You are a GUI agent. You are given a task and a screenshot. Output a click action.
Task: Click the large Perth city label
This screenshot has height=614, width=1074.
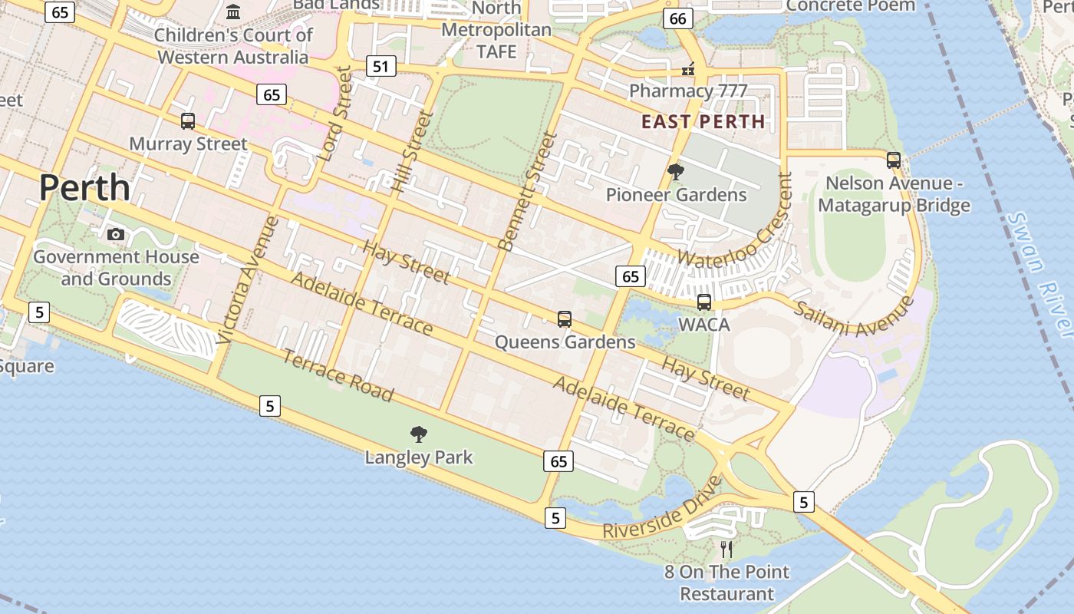[x=84, y=187]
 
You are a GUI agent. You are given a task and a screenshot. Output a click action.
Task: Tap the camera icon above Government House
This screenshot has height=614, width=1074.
[x=116, y=234]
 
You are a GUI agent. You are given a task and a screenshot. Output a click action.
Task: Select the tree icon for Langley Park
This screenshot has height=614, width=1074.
[x=419, y=434]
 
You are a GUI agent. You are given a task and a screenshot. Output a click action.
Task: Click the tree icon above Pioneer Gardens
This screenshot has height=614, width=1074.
[x=676, y=172]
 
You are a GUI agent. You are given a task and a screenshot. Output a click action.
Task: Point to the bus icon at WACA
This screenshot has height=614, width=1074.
[x=704, y=302]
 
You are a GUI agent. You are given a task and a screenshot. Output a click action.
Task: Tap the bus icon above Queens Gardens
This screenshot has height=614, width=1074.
[x=565, y=319]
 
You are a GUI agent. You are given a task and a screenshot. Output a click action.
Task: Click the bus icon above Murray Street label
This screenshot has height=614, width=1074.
[x=188, y=120]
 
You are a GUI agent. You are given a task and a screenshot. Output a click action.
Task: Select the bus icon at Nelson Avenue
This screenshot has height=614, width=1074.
[x=894, y=160]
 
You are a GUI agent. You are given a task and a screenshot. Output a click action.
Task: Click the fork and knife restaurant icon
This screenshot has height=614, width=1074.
[x=726, y=549]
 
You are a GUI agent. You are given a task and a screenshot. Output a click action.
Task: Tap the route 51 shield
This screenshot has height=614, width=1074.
[x=381, y=66]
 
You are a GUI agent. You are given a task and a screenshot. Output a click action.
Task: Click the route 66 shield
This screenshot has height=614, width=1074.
[x=678, y=18]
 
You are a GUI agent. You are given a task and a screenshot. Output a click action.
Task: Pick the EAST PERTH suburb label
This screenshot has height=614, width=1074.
[x=703, y=121]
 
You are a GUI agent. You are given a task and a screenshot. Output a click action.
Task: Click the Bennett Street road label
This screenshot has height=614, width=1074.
[x=528, y=191]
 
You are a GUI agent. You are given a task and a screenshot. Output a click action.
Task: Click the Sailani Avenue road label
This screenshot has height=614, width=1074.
[x=854, y=317]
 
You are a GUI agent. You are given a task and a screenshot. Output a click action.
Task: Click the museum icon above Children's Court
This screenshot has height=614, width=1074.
[x=233, y=12]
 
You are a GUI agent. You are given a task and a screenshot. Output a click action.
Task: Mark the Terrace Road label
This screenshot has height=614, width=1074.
[x=338, y=375]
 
